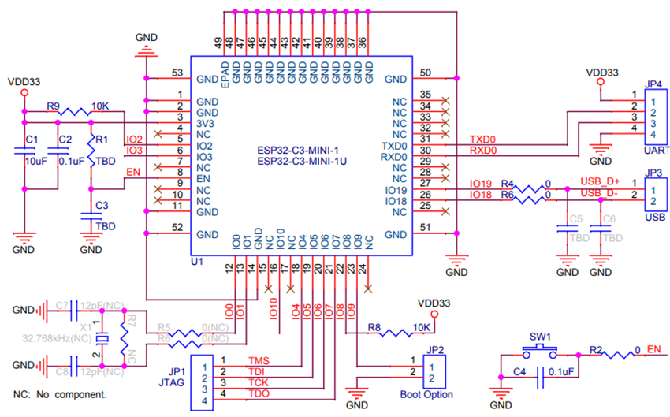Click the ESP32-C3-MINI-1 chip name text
(303, 150)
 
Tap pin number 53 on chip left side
(177, 73)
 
